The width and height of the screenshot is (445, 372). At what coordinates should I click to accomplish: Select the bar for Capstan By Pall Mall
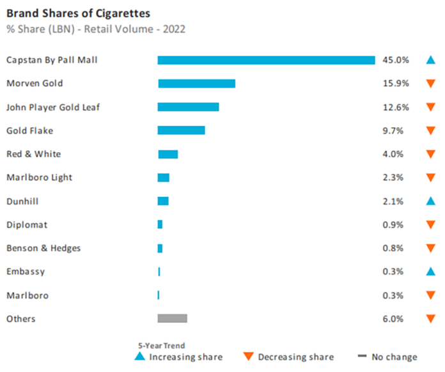pos(266,60)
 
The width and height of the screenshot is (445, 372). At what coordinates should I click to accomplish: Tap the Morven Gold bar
pos(196,84)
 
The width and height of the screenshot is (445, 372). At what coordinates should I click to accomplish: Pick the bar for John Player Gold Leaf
pos(188,107)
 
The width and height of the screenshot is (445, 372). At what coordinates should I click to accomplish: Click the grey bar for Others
pos(172,318)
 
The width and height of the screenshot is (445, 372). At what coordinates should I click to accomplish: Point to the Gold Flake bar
pos(181,130)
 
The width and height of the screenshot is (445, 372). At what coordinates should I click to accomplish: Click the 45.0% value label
pos(395,60)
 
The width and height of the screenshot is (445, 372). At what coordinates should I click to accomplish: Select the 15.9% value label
pos(395,84)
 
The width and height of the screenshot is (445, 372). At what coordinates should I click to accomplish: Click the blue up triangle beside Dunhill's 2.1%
pos(430,201)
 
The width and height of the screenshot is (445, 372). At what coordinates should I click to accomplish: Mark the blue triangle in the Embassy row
pos(430,272)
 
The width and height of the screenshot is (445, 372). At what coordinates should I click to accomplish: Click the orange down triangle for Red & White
pos(430,154)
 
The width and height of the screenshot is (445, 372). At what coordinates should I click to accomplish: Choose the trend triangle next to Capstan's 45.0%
pos(430,60)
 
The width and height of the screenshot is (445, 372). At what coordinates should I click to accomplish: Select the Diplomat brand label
pos(26,225)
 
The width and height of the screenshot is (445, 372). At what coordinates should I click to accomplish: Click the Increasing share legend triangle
pos(140,356)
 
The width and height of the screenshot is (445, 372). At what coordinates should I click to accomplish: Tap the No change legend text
pos(394,357)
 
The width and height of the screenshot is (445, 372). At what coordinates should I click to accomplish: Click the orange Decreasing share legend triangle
pos(249,357)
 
